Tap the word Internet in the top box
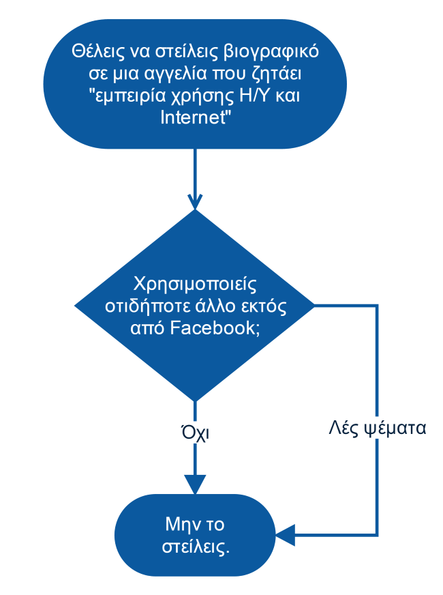click(x=194, y=117)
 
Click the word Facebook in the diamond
click(x=213, y=328)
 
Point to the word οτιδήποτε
click(x=147, y=306)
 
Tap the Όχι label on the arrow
click(x=195, y=433)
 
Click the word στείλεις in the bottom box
click(x=196, y=547)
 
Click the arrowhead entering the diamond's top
click(x=195, y=201)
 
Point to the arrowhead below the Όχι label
click(x=195, y=484)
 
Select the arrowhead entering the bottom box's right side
click(x=285, y=536)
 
